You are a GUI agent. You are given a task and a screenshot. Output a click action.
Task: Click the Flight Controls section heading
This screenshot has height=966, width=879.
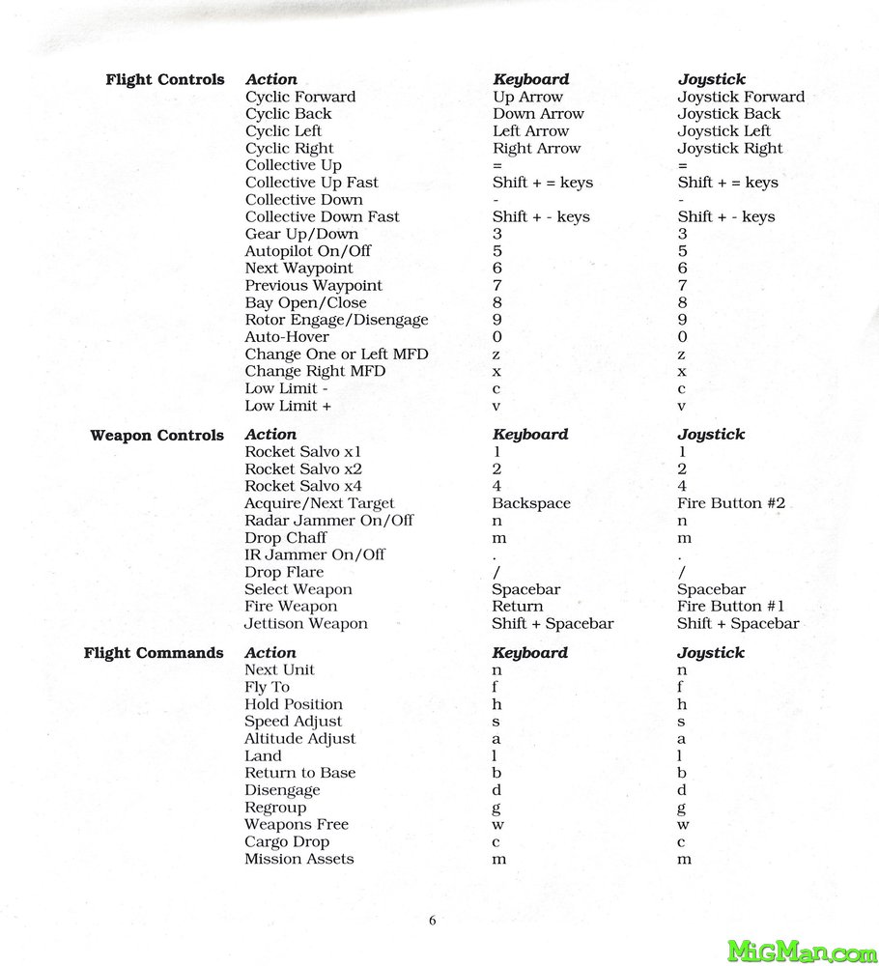[165, 80]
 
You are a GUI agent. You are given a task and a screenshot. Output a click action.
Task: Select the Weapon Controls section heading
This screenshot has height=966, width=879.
[157, 436]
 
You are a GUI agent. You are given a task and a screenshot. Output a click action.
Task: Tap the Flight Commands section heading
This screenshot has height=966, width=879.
[154, 654]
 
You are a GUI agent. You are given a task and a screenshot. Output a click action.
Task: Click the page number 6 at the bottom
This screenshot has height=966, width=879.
[432, 921]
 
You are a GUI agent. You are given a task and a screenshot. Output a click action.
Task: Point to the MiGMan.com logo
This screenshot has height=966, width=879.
[802, 952]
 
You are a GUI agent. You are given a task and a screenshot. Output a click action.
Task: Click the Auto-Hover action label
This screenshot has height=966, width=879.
[287, 337]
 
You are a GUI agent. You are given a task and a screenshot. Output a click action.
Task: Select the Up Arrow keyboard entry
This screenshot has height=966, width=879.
[527, 97]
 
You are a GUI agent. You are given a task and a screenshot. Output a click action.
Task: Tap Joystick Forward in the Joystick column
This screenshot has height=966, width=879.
[741, 97]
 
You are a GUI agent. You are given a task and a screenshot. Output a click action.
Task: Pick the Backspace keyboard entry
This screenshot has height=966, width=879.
[531, 503]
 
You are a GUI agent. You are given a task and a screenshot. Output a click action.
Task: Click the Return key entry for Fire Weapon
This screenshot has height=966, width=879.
[518, 607]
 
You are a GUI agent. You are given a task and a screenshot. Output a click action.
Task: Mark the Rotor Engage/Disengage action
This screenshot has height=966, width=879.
[336, 320]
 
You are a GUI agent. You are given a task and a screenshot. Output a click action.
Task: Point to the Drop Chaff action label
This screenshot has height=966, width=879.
[286, 538]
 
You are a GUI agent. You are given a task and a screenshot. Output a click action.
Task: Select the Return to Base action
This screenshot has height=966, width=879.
[299, 773]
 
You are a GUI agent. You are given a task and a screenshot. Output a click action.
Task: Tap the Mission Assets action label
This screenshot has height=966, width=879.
[299, 859]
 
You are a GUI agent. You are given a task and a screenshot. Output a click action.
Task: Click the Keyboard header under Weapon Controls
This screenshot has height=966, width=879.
[530, 435]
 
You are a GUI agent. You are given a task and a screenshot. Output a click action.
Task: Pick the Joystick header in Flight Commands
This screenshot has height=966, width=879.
[711, 653]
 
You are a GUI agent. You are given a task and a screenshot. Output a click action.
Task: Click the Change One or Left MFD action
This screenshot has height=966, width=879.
[336, 355]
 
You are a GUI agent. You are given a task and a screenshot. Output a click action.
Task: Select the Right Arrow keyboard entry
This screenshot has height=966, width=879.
[537, 149]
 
